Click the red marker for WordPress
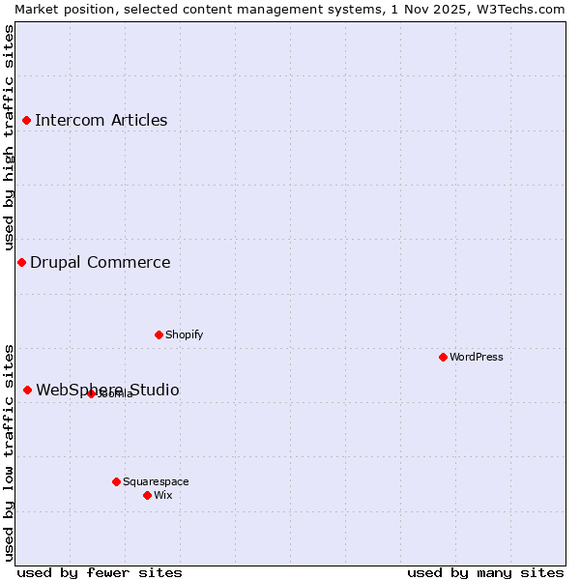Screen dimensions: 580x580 tap(443, 357)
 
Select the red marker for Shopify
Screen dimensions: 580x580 tap(159, 334)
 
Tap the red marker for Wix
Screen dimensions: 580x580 tap(147, 495)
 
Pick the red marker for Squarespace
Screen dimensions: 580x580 tap(116, 481)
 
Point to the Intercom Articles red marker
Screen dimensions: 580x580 tap(26, 120)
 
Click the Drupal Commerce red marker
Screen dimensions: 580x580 tap(21, 262)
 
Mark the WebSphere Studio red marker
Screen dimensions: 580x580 tap(27, 390)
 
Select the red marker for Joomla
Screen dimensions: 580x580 tap(91, 393)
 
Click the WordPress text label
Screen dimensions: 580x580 tap(477, 357)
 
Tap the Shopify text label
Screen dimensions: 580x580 tap(184, 334)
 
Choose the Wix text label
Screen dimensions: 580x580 tap(163, 495)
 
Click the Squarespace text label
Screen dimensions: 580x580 tap(156, 481)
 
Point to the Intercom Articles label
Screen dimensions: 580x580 tap(101, 120)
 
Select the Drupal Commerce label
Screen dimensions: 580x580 tap(100, 262)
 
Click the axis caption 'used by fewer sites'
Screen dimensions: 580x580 tap(100, 572)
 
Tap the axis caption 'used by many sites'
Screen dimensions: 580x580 tap(485, 572)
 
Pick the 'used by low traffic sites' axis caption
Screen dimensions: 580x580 tap(10, 452)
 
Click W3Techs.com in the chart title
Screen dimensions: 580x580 tap(518, 9)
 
